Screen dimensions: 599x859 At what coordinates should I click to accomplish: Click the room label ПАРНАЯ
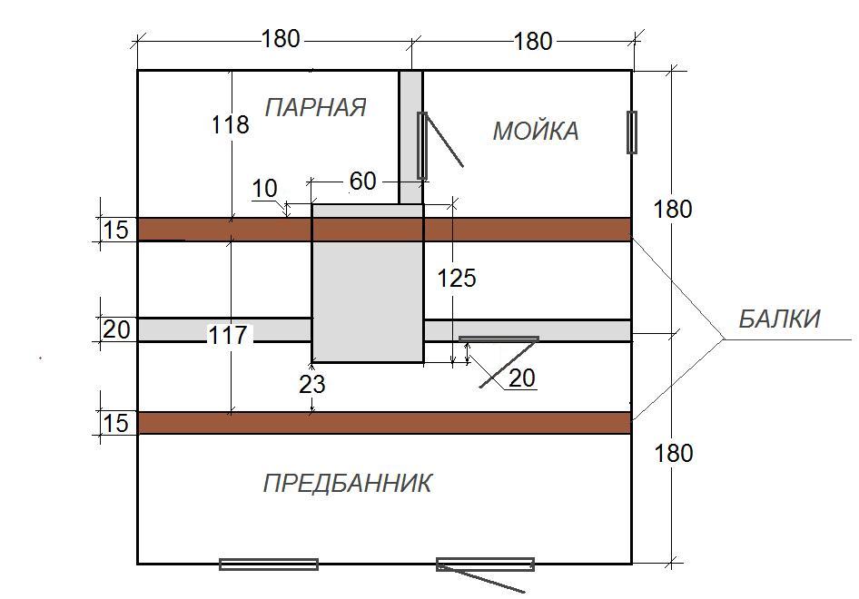coord(315,108)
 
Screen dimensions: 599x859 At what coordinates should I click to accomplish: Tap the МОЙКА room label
coord(535,132)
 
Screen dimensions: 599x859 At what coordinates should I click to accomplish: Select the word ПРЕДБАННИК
coord(347,483)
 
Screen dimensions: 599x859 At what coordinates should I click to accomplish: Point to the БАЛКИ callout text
coord(778,319)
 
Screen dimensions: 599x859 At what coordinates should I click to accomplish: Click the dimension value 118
coord(230,124)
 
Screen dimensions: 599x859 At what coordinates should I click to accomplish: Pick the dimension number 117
coord(227,336)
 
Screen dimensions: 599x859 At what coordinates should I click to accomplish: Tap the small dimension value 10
coord(264,189)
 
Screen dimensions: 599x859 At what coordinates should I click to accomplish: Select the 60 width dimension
coord(362,182)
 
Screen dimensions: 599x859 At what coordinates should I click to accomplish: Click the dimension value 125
coord(456,278)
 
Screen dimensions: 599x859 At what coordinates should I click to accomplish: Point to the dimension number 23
coord(311,385)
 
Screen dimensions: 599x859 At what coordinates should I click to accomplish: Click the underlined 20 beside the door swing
coord(521,378)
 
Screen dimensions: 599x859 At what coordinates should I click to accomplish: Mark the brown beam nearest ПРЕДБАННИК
coord(384,423)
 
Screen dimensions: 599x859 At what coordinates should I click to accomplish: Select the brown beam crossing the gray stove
coord(384,229)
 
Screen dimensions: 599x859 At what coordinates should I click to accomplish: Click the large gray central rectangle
coord(367,290)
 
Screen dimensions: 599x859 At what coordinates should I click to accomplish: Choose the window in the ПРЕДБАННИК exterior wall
coord(269,564)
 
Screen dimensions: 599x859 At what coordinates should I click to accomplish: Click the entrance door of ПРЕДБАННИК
coord(485,566)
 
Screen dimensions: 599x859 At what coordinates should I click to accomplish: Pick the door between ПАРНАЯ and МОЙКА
coord(422,144)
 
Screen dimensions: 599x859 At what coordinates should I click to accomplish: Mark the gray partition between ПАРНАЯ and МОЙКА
coord(410,136)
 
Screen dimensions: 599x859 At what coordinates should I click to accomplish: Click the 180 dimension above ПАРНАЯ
coord(280,39)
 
